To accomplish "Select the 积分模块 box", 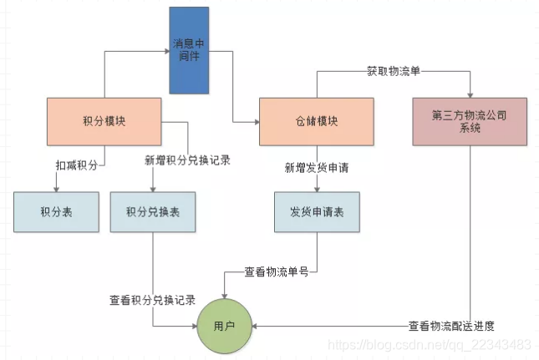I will pyautogui.click(x=104, y=120).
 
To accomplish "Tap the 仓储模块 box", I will pyautogui.click(x=316, y=120).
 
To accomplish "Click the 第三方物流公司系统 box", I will pyautogui.click(x=469, y=120).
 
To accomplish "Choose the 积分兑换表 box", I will pyautogui.click(x=152, y=212).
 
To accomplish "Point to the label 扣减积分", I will pyautogui.click(x=77, y=166).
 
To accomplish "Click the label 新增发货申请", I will pyautogui.click(x=317, y=167).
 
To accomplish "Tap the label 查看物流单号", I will pyautogui.click(x=276, y=271).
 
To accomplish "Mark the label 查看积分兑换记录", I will pyautogui.click(x=152, y=299).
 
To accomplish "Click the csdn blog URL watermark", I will pyautogui.click(x=430, y=344).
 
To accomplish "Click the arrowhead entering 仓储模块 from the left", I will pyautogui.click(x=255, y=122).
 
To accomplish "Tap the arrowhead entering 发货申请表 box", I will pyautogui.click(x=317, y=188).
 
